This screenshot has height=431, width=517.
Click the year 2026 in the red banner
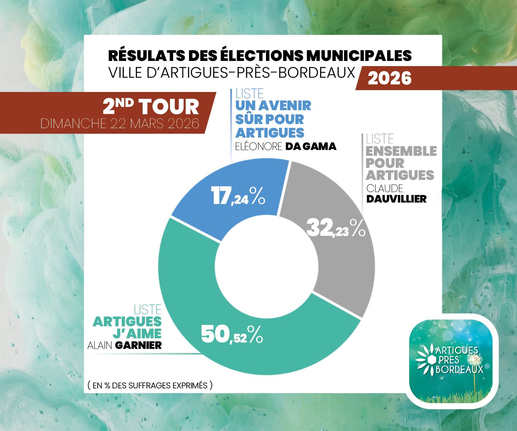pos(389,78)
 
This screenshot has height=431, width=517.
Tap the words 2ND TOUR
pos(151,107)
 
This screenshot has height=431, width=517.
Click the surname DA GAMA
pos(310,146)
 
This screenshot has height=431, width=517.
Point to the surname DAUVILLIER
pos(396,199)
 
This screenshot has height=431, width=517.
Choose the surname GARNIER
pos(138,345)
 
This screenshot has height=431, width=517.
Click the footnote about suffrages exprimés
pos(150,385)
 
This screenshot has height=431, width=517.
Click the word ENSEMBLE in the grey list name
pos(401,151)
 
